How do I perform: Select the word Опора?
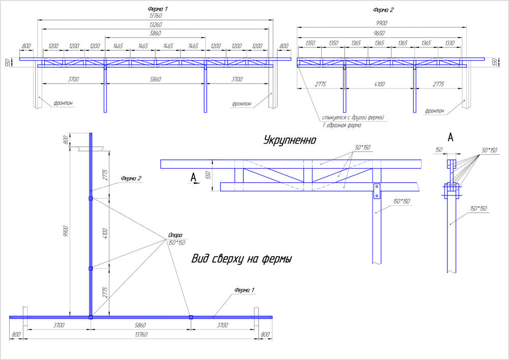point(175,235)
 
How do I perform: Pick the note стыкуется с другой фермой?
point(352,117)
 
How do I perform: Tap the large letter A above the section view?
point(450,137)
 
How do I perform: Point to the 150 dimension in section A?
point(439,149)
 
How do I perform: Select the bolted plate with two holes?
point(377,190)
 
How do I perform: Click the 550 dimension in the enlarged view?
point(208,175)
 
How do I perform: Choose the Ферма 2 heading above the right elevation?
point(383,10)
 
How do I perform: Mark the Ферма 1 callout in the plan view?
point(244,290)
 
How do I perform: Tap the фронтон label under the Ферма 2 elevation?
point(435,110)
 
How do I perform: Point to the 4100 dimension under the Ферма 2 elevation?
point(379,84)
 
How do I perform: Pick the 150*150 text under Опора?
point(176,242)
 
